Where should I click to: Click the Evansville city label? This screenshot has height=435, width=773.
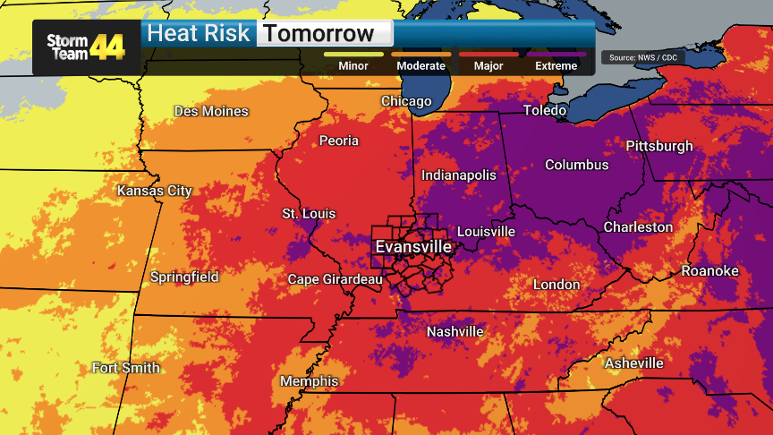click(412, 246)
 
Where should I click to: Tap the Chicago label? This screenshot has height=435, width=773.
click(406, 101)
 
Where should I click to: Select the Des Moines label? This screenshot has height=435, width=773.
click(211, 111)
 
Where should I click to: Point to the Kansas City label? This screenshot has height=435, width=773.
click(155, 191)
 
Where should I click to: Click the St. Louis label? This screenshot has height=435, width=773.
click(309, 213)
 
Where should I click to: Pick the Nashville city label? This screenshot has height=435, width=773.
click(454, 331)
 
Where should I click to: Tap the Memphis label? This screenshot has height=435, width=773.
click(310, 381)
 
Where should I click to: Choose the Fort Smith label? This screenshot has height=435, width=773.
click(126, 368)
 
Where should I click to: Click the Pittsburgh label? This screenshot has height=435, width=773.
click(658, 146)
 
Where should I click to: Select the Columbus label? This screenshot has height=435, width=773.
click(576, 165)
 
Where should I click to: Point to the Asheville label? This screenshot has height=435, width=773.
click(633, 362)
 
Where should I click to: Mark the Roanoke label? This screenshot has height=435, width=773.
click(709, 270)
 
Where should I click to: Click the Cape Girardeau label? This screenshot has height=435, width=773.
click(335, 279)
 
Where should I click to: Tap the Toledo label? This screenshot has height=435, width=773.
click(545, 110)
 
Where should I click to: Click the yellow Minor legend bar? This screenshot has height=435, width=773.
click(353, 54)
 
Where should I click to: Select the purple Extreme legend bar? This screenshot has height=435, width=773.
click(556, 54)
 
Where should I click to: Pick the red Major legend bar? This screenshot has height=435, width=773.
click(488, 54)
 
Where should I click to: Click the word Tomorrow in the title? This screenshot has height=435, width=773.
click(319, 34)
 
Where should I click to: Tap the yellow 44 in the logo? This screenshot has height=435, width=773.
click(106, 47)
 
